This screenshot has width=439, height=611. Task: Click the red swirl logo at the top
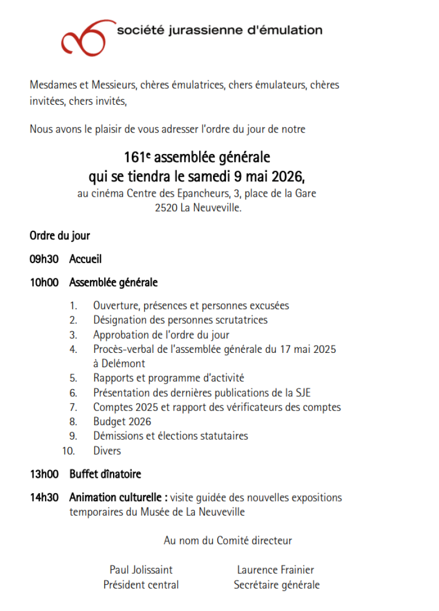pyautogui.click(x=88, y=37)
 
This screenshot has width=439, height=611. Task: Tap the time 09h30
pyautogui.click(x=42, y=259)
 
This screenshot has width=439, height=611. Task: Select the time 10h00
pyautogui.click(x=42, y=283)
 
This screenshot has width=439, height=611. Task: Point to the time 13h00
pyautogui.click(x=42, y=474)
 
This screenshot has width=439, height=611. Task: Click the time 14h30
pyautogui.click(x=42, y=498)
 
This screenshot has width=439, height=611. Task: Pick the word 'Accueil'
pyautogui.click(x=86, y=259)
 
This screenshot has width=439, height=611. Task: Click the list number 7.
pyautogui.click(x=74, y=407)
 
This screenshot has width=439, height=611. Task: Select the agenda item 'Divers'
pyautogui.click(x=107, y=450)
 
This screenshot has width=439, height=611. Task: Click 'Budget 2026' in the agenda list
pyautogui.click(x=122, y=421)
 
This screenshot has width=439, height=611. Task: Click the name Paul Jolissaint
pyautogui.click(x=141, y=570)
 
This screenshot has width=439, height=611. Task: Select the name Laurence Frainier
pyautogui.click(x=275, y=570)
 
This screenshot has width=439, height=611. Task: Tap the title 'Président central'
pyautogui.click(x=141, y=585)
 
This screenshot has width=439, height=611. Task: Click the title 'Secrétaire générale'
pyautogui.click(x=277, y=585)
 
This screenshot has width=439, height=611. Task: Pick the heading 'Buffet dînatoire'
pyautogui.click(x=105, y=474)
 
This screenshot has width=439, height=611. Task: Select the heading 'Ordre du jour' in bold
pyautogui.click(x=60, y=236)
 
